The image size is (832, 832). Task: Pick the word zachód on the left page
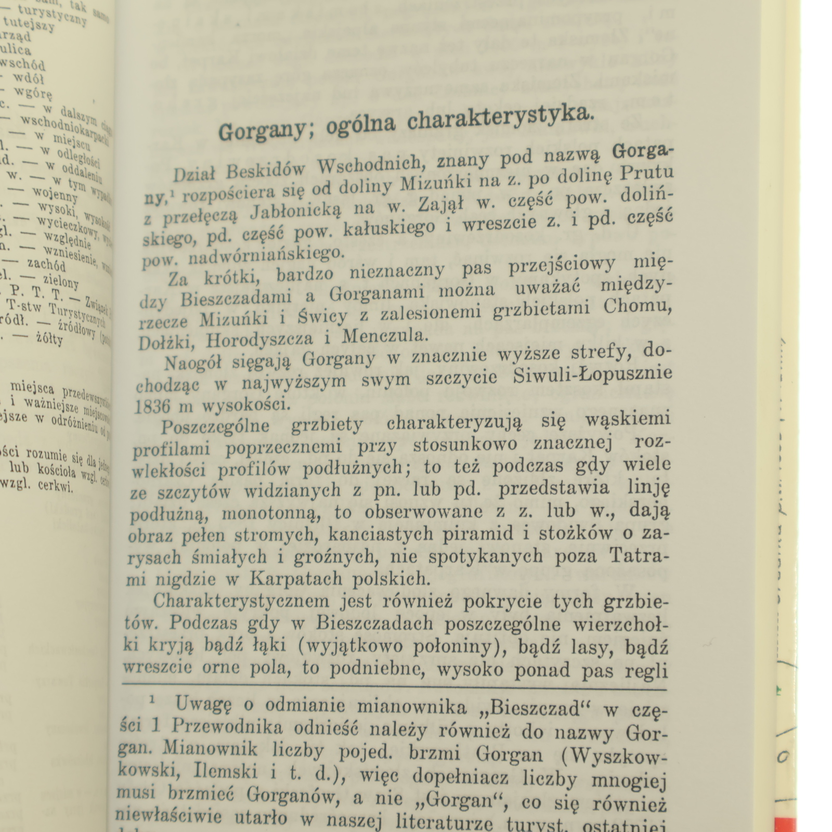[47, 265]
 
